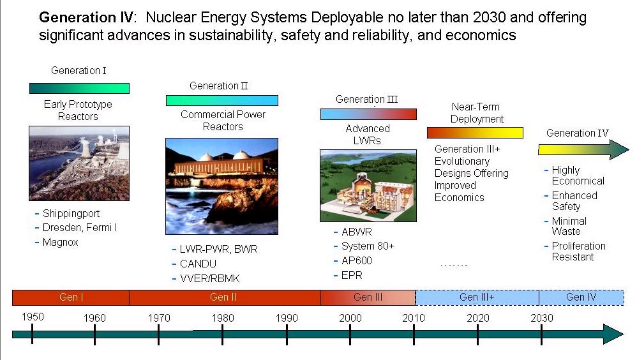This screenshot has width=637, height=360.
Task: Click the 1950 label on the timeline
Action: coord(33,317)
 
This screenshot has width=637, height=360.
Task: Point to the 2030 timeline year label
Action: coord(541,318)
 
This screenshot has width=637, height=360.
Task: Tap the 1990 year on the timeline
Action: coord(287,318)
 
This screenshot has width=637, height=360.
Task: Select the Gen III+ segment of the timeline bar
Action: coord(477,297)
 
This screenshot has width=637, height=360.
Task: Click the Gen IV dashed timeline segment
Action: coord(581,297)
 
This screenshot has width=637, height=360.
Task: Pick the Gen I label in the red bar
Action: coord(71,297)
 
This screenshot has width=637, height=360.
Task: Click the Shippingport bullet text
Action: coord(71,213)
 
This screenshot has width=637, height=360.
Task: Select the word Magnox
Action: coord(60,242)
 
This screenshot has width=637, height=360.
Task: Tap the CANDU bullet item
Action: coord(198,264)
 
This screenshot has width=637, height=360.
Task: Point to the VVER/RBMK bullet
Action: coord(209,278)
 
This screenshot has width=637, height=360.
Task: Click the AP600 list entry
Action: coord(357,260)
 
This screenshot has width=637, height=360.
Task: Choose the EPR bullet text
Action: coord(352,275)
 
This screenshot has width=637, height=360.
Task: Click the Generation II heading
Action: coord(218,86)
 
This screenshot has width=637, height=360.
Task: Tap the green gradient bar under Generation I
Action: coord(79,88)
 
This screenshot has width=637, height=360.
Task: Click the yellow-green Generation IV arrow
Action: coord(583,149)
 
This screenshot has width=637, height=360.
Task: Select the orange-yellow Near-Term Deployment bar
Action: coord(475,133)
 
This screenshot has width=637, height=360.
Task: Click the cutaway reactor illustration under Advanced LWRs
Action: coord(368,186)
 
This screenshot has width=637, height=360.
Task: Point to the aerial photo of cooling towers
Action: coord(79,163)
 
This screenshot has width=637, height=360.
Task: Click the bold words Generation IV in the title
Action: coord(86,17)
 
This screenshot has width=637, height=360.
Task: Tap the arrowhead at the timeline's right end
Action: coord(613,334)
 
